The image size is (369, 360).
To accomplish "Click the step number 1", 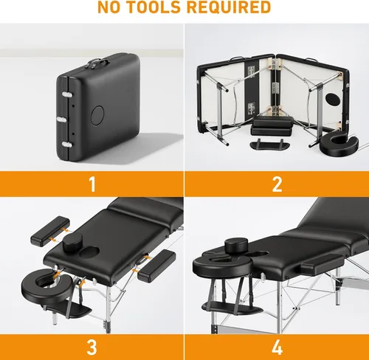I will point(92,183).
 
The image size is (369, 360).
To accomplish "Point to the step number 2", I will point(277,183).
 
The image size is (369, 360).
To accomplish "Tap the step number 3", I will point(92,347).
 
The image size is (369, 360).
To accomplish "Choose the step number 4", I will point(277,347).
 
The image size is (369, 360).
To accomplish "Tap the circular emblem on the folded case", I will point(98,114).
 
